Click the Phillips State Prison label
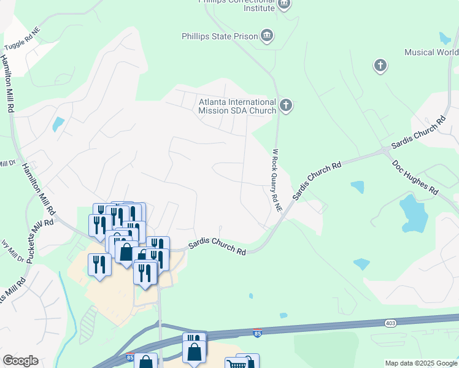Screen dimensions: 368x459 click(x=220, y=36)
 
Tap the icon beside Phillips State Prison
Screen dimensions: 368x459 click(x=267, y=36)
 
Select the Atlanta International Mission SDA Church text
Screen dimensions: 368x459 click(x=237, y=107)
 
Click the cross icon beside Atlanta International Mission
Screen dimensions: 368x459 click(x=285, y=105)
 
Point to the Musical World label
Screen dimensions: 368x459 click(x=431, y=52)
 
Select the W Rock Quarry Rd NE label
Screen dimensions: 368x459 click(x=277, y=180)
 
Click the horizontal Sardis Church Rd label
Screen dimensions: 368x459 click(x=217, y=247)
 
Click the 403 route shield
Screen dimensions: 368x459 click(x=391, y=323)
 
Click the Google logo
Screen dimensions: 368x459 click(x=20, y=361)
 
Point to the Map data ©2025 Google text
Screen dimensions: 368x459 click(x=420, y=363)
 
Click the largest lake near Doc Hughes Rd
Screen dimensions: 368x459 click(x=413, y=212)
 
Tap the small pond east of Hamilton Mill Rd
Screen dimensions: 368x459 click(x=58, y=124)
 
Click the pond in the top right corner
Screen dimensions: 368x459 click(x=445, y=37)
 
